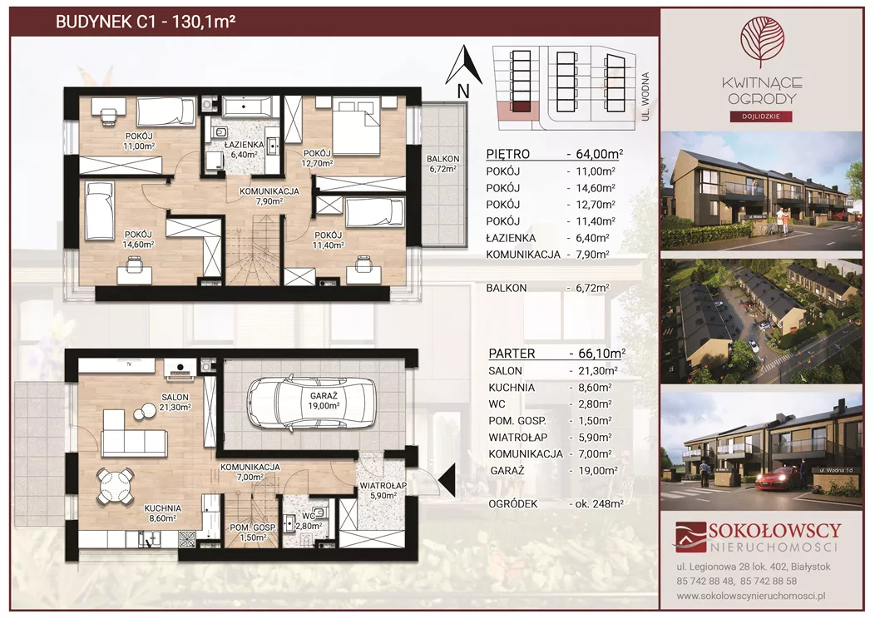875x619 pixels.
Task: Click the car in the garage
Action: [311, 403]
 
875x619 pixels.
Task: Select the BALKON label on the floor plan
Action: [443, 159]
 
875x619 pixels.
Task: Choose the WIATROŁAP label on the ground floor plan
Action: [383, 486]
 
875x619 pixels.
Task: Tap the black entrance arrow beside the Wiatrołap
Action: [447, 479]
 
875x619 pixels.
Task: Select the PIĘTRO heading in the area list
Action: [508, 154]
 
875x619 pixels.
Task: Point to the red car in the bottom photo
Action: [778, 479]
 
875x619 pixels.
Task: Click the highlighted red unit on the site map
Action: [521, 107]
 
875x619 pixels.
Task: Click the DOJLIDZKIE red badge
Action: [762, 116]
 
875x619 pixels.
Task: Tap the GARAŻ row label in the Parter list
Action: [507, 471]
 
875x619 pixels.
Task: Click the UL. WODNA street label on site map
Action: [645, 96]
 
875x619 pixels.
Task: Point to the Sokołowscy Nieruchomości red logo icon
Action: [690, 537]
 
